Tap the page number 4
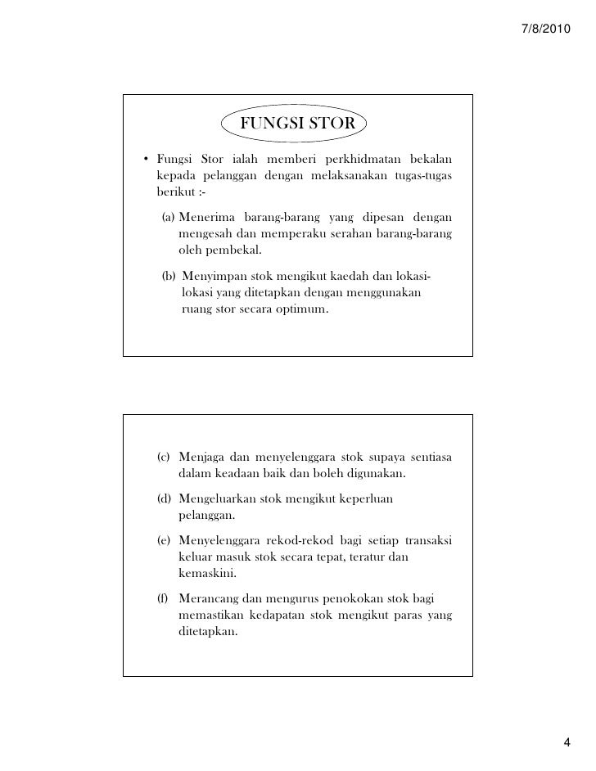coord(569,742)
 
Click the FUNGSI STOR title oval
coord(296,124)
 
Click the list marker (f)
coord(164,596)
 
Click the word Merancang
coord(208,596)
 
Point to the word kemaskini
coord(204,575)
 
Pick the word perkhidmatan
coord(361,159)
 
